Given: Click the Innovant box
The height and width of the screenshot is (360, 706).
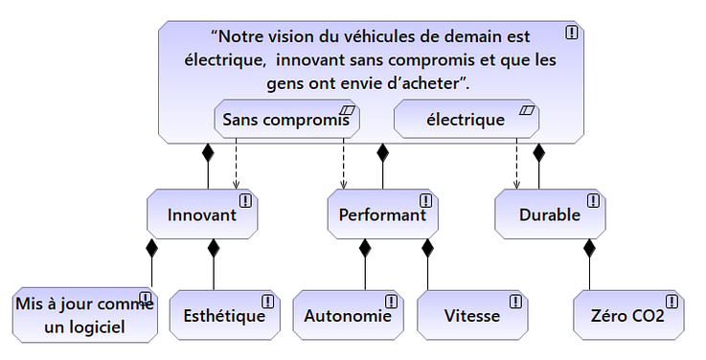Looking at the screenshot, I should pyautogui.click(x=202, y=214).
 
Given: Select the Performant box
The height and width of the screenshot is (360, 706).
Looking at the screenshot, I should pyautogui.click(x=382, y=214).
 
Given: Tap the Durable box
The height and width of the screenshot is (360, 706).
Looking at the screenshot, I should pyautogui.click(x=550, y=214).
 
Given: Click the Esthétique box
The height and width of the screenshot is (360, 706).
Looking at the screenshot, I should pyautogui.click(x=223, y=315).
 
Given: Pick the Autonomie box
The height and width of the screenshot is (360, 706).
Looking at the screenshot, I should pyautogui.click(x=348, y=315).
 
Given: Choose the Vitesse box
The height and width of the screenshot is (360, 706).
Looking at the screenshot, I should pyautogui.click(x=472, y=315).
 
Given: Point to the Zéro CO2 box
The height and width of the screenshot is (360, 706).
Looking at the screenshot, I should pyautogui.click(x=627, y=315).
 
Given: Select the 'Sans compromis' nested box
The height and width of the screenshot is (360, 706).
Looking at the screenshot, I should pyautogui.click(x=285, y=120).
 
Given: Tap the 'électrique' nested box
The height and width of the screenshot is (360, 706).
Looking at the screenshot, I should pyautogui.click(x=466, y=120).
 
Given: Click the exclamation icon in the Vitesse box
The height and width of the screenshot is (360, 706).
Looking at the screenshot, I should pyautogui.click(x=516, y=301).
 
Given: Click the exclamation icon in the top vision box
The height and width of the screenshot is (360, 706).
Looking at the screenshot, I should pyautogui.click(x=572, y=33).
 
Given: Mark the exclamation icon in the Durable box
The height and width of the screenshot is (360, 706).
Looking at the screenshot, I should pyautogui.click(x=593, y=201).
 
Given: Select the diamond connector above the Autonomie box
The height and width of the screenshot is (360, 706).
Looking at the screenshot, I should pyautogui.click(x=364, y=250).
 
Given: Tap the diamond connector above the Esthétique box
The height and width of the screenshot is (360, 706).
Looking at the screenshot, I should pyautogui.click(x=214, y=250).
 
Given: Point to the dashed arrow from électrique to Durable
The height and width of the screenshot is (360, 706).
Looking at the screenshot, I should pyautogui.click(x=517, y=163).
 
